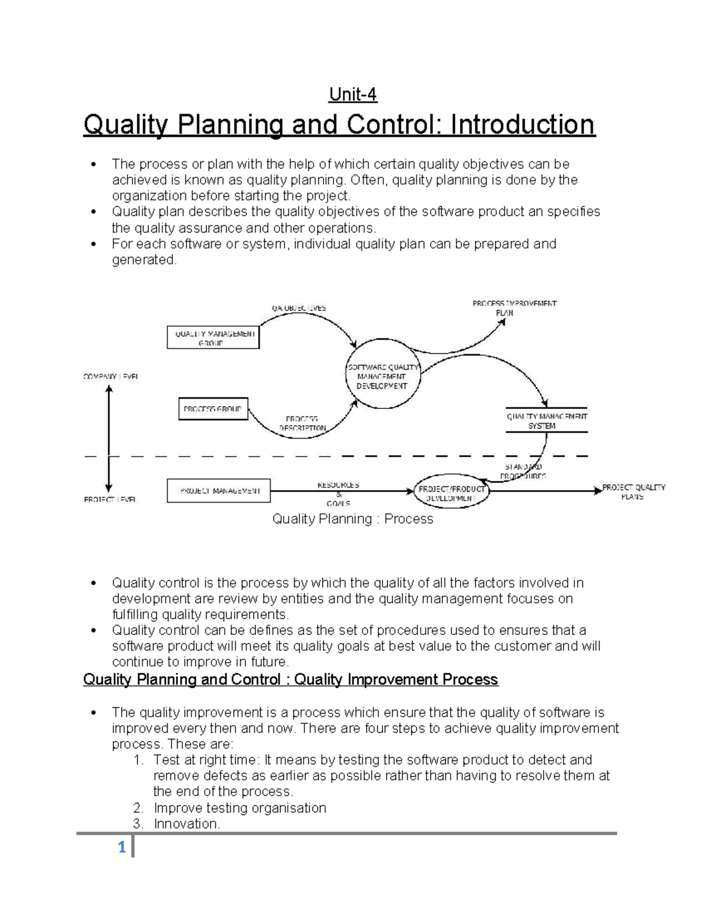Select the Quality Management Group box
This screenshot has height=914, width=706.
tap(213, 338)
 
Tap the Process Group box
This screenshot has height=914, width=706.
tap(213, 409)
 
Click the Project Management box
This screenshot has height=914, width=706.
tap(218, 491)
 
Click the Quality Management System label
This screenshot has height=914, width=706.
tap(547, 420)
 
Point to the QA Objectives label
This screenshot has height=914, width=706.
tap(298, 308)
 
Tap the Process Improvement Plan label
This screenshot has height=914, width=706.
tap(514, 308)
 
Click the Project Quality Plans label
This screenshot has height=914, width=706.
tap(633, 491)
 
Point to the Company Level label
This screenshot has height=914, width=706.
tap(111, 376)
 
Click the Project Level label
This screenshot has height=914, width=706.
tap(110, 500)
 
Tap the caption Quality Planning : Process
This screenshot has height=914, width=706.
tap(352, 519)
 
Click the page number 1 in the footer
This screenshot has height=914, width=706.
tap(122, 848)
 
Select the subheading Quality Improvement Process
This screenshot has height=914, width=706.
tap(396, 680)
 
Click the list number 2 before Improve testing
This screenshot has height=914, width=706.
tap(138, 808)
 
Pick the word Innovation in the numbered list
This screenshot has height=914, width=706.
tap(186, 824)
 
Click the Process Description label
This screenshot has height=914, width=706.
tap(302, 423)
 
